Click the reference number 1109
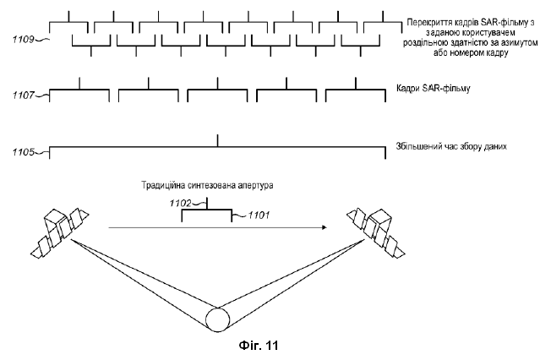(x=24, y=40)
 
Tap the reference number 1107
(x=24, y=95)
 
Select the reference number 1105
(x=24, y=152)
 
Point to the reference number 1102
(x=180, y=204)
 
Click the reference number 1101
(x=259, y=215)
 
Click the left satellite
(x=60, y=232)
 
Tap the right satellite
(x=376, y=232)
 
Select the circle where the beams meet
(x=218, y=319)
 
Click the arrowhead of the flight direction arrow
(x=324, y=227)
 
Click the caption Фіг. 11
(x=259, y=345)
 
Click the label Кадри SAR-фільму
(x=434, y=88)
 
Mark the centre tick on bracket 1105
(x=218, y=141)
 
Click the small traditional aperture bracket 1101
(x=207, y=210)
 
